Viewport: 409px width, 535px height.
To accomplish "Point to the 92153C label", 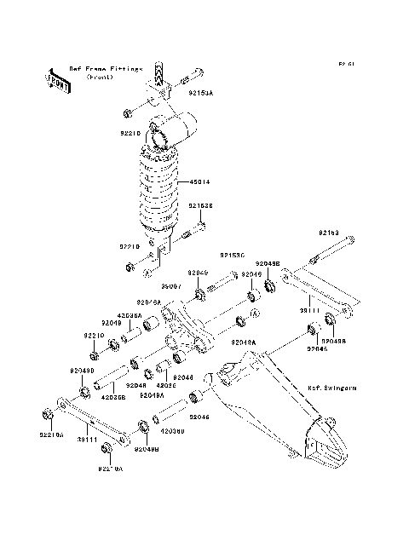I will [x=232, y=255].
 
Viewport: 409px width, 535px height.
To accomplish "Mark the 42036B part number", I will [x=113, y=396].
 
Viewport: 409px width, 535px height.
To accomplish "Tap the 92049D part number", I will [x=83, y=371].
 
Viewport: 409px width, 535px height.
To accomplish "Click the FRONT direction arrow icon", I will [x=58, y=80].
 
